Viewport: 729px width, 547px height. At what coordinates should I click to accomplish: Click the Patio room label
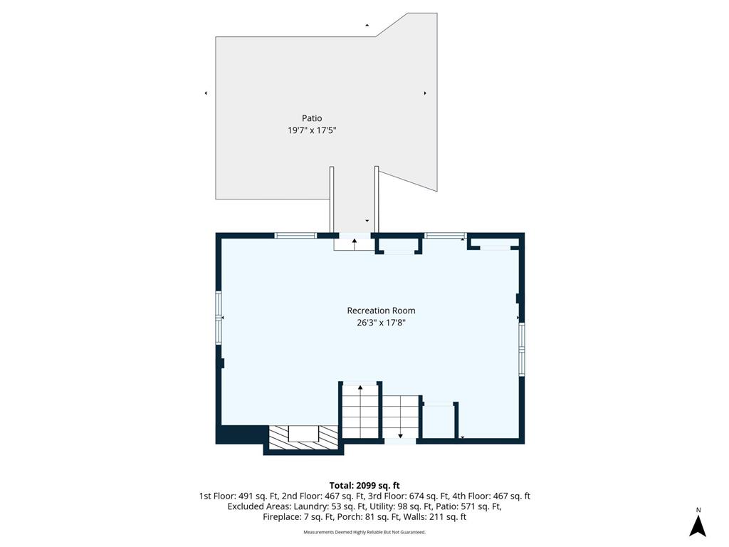[x=312, y=118]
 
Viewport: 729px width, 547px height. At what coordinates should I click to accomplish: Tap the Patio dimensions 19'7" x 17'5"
[x=312, y=130]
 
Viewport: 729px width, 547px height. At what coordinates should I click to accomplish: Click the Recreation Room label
[x=382, y=311]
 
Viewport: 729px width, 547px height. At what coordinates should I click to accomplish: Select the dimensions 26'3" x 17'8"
[x=382, y=323]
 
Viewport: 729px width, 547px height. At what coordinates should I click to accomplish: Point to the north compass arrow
[x=698, y=526]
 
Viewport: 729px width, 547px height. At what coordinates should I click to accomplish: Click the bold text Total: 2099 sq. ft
[x=364, y=486]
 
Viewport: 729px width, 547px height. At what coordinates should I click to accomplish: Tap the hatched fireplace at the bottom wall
[x=303, y=437]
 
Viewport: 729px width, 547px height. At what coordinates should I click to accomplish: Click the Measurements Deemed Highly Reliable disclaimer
[x=364, y=532]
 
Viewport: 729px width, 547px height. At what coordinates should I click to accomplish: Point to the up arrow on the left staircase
[x=360, y=387]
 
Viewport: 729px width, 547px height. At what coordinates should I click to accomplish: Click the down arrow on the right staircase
[x=400, y=435]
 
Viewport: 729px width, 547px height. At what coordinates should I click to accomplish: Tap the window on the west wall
[x=219, y=318]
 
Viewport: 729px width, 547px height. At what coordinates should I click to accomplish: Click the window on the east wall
[x=522, y=349]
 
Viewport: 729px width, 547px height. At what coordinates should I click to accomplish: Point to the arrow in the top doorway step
[x=355, y=241]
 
